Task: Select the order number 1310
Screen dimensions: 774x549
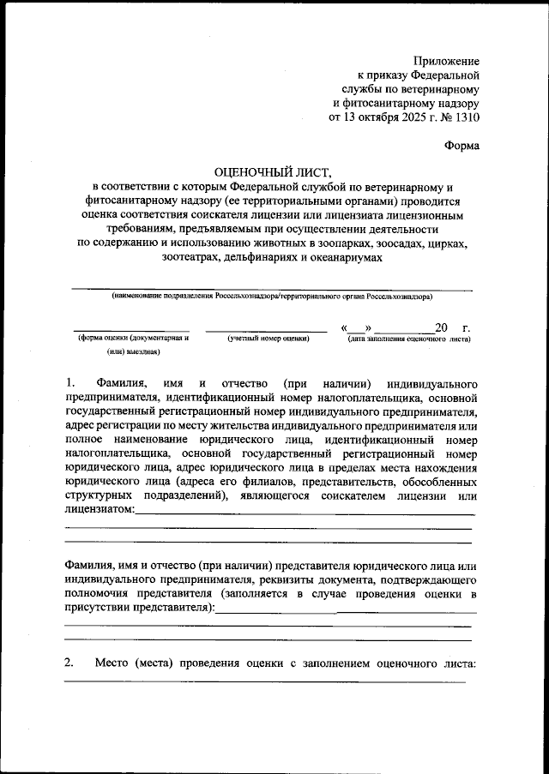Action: pos(466,118)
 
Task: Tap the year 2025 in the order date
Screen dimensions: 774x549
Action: pos(405,118)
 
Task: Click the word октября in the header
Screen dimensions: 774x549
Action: pos(368,118)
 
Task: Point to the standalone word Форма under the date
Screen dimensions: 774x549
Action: pos(462,146)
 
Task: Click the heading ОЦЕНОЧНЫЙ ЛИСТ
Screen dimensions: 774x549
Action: pos(274,172)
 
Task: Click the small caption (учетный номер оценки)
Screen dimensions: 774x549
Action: pos(267,339)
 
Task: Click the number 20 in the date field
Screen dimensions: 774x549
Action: pos(441,327)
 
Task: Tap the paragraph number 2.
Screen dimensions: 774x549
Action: pos(69,663)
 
